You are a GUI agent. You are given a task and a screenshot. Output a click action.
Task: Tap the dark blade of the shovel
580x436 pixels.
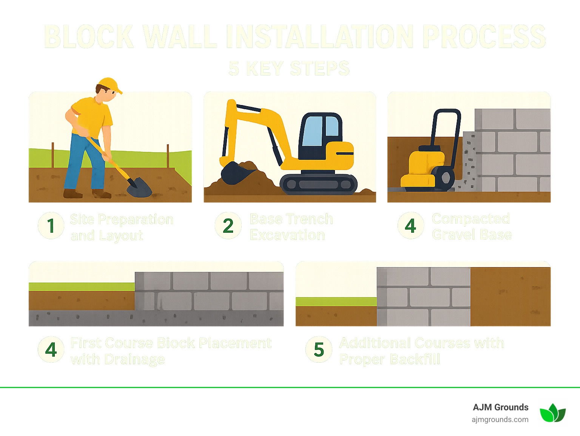pyautogui.click(x=139, y=188)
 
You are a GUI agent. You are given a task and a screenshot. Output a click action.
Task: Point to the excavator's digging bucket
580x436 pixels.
pyautogui.click(x=235, y=173)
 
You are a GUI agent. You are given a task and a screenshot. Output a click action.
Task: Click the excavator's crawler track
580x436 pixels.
pyautogui.click(x=318, y=184)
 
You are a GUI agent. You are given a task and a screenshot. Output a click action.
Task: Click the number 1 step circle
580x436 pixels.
pyautogui.click(x=51, y=226)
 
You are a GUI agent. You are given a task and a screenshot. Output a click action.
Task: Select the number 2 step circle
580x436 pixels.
pyautogui.click(x=228, y=226)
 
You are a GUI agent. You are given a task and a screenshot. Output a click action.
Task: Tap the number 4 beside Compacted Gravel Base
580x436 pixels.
pyautogui.click(x=410, y=226)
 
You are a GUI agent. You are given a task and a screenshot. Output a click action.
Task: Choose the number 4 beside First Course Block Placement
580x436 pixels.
pyautogui.click(x=51, y=349)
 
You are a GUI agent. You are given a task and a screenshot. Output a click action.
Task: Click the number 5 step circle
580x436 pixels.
pyautogui.click(x=319, y=349)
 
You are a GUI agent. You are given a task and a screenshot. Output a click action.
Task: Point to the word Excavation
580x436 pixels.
pyautogui.click(x=287, y=235)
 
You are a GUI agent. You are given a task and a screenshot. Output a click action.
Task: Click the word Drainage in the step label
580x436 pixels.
pyautogui.click(x=134, y=359)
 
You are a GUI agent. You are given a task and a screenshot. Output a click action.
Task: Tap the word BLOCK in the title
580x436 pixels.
pyautogui.click(x=89, y=37)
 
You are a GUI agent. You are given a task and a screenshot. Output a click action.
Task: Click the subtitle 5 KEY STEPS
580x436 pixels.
pyautogui.click(x=289, y=68)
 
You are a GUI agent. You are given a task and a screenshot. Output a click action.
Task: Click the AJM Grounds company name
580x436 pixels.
pyautogui.click(x=500, y=407)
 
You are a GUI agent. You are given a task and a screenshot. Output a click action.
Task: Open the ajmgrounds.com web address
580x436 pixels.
pyautogui.click(x=500, y=419)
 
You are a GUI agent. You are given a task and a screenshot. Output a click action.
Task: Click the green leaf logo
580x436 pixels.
pyautogui.click(x=552, y=413)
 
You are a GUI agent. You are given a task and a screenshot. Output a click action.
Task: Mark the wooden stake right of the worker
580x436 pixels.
pyautogui.click(x=168, y=156)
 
